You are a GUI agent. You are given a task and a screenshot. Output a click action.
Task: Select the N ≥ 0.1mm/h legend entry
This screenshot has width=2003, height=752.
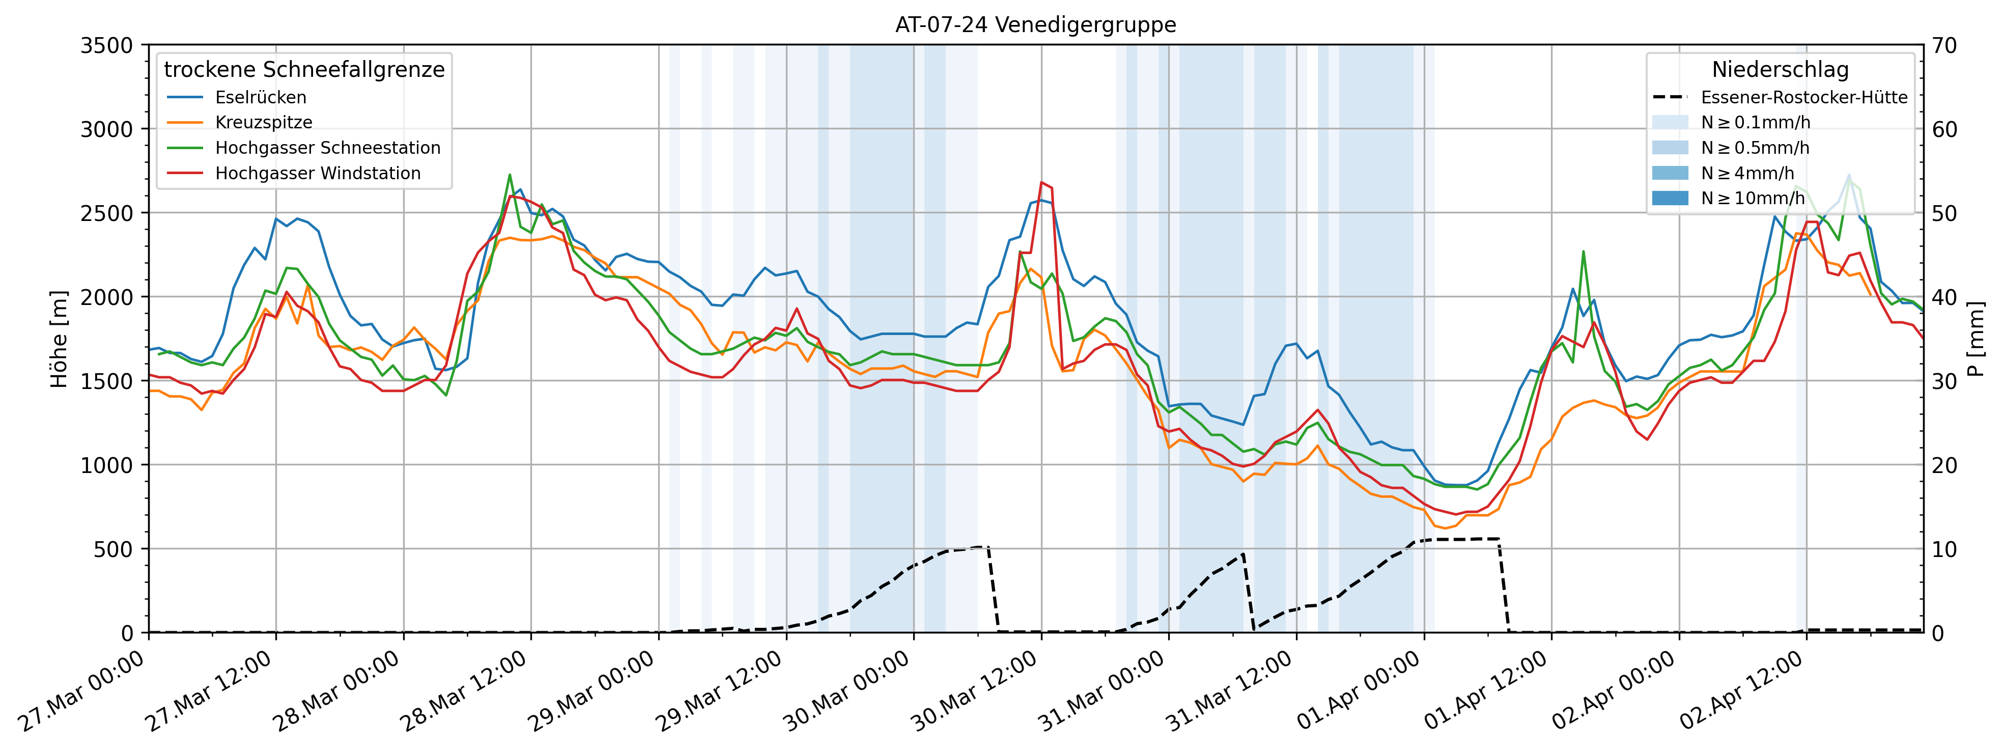tap(1755, 122)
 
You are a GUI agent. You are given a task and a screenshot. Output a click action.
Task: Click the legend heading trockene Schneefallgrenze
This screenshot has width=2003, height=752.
tap(304, 69)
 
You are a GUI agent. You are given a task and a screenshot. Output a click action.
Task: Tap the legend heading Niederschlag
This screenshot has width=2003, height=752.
tap(1780, 69)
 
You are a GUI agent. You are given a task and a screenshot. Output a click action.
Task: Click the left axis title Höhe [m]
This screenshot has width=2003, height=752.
tap(59, 339)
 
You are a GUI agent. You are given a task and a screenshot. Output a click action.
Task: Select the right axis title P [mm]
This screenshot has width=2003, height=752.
tap(1976, 339)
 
